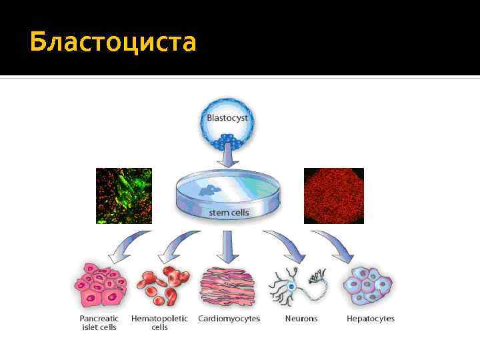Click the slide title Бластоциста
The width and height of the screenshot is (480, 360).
pos(113,42)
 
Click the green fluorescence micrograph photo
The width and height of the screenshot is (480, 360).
pos(124,195)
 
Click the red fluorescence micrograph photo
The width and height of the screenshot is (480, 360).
pos(333,195)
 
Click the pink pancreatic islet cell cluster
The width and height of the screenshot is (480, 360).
pos(100,285)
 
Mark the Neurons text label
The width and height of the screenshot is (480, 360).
pos(301,319)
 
